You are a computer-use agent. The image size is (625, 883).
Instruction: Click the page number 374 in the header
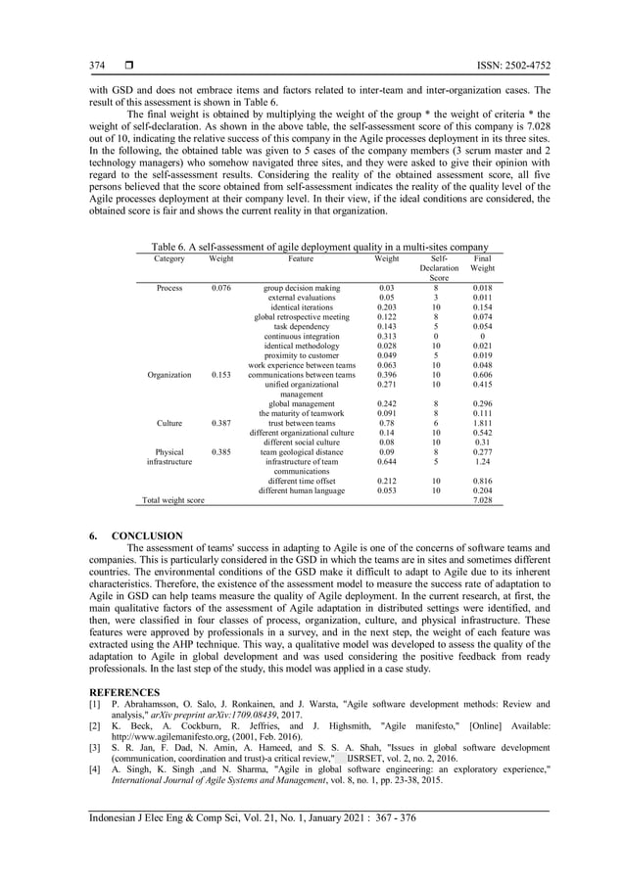[x=97, y=66]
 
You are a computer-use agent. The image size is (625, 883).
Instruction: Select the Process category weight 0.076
[x=221, y=289]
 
